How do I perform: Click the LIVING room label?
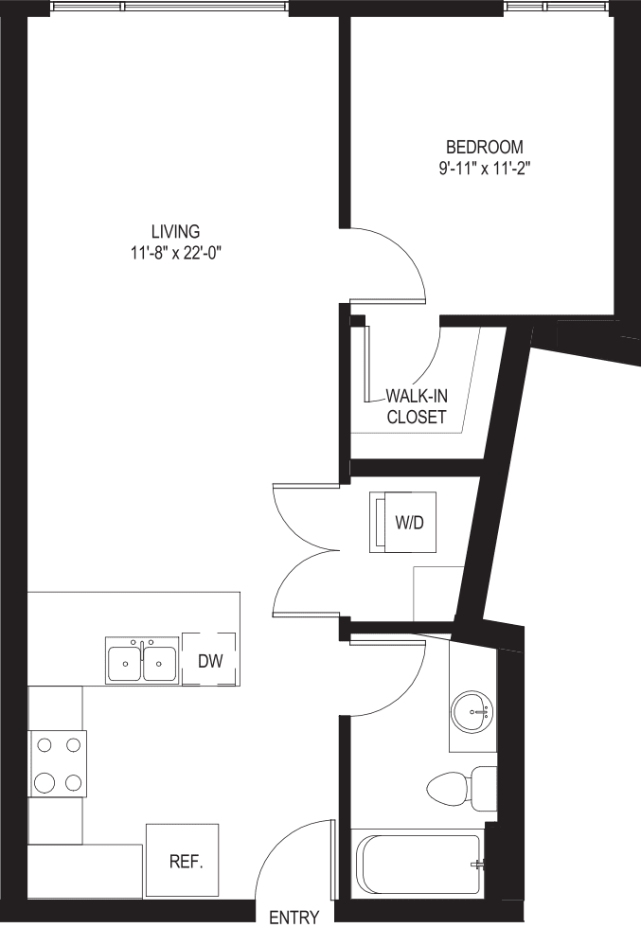(176, 231)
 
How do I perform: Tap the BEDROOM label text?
(485, 147)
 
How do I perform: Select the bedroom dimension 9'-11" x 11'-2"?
(485, 168)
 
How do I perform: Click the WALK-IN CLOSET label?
(416, 406)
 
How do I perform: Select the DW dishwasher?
(209, 660)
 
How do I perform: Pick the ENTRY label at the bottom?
(294, 917)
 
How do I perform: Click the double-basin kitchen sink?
(142, 662)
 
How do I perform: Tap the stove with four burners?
(57, 763)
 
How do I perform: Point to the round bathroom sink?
(472, 710)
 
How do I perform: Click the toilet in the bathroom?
(464, 788)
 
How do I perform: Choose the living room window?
(170, 8)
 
